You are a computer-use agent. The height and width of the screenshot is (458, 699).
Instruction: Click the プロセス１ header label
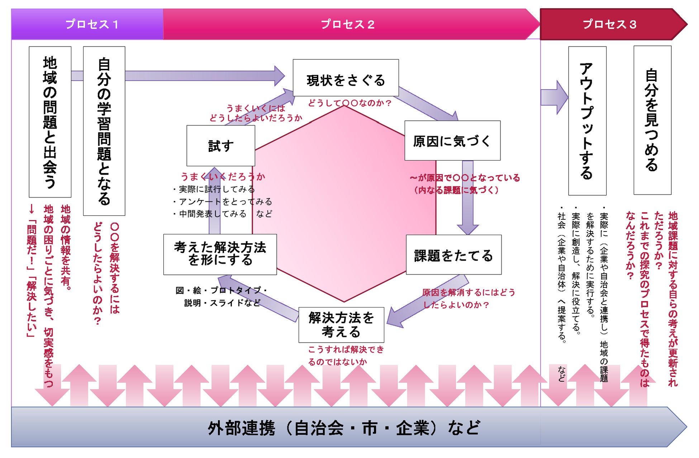click(92, 24)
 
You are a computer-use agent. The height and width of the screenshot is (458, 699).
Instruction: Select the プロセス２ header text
click(347, 24)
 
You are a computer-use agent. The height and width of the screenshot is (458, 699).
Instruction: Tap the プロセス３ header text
click(609, 24)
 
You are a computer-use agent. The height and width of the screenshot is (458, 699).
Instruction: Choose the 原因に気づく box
click(452, 140)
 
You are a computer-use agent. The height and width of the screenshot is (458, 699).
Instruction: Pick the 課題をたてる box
click(453, 255)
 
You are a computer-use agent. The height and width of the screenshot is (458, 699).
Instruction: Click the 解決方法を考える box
click(341, 325)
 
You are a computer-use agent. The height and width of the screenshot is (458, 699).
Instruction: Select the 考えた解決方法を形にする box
click(220, 254)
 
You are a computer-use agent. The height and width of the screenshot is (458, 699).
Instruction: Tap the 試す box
click(221, 145)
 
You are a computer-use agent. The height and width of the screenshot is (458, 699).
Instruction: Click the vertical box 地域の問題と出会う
click(50, 122)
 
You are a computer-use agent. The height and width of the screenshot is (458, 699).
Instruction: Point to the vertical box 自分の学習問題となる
click(104, 131)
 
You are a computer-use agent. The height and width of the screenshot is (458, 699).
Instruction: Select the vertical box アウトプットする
click(587, 121)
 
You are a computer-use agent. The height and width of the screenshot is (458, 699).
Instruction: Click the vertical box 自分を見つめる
click(652, 120)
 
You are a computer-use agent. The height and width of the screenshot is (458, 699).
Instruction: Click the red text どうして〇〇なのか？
click(349, 103)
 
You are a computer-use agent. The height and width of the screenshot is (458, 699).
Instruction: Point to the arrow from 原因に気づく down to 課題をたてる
click(467, 197)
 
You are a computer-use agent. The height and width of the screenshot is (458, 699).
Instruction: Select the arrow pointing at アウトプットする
click(554, 97)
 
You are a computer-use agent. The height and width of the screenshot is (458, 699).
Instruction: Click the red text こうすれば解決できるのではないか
click(346, 355)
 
